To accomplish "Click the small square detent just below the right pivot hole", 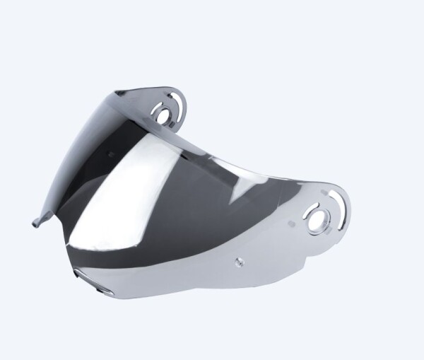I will [316, 233].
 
